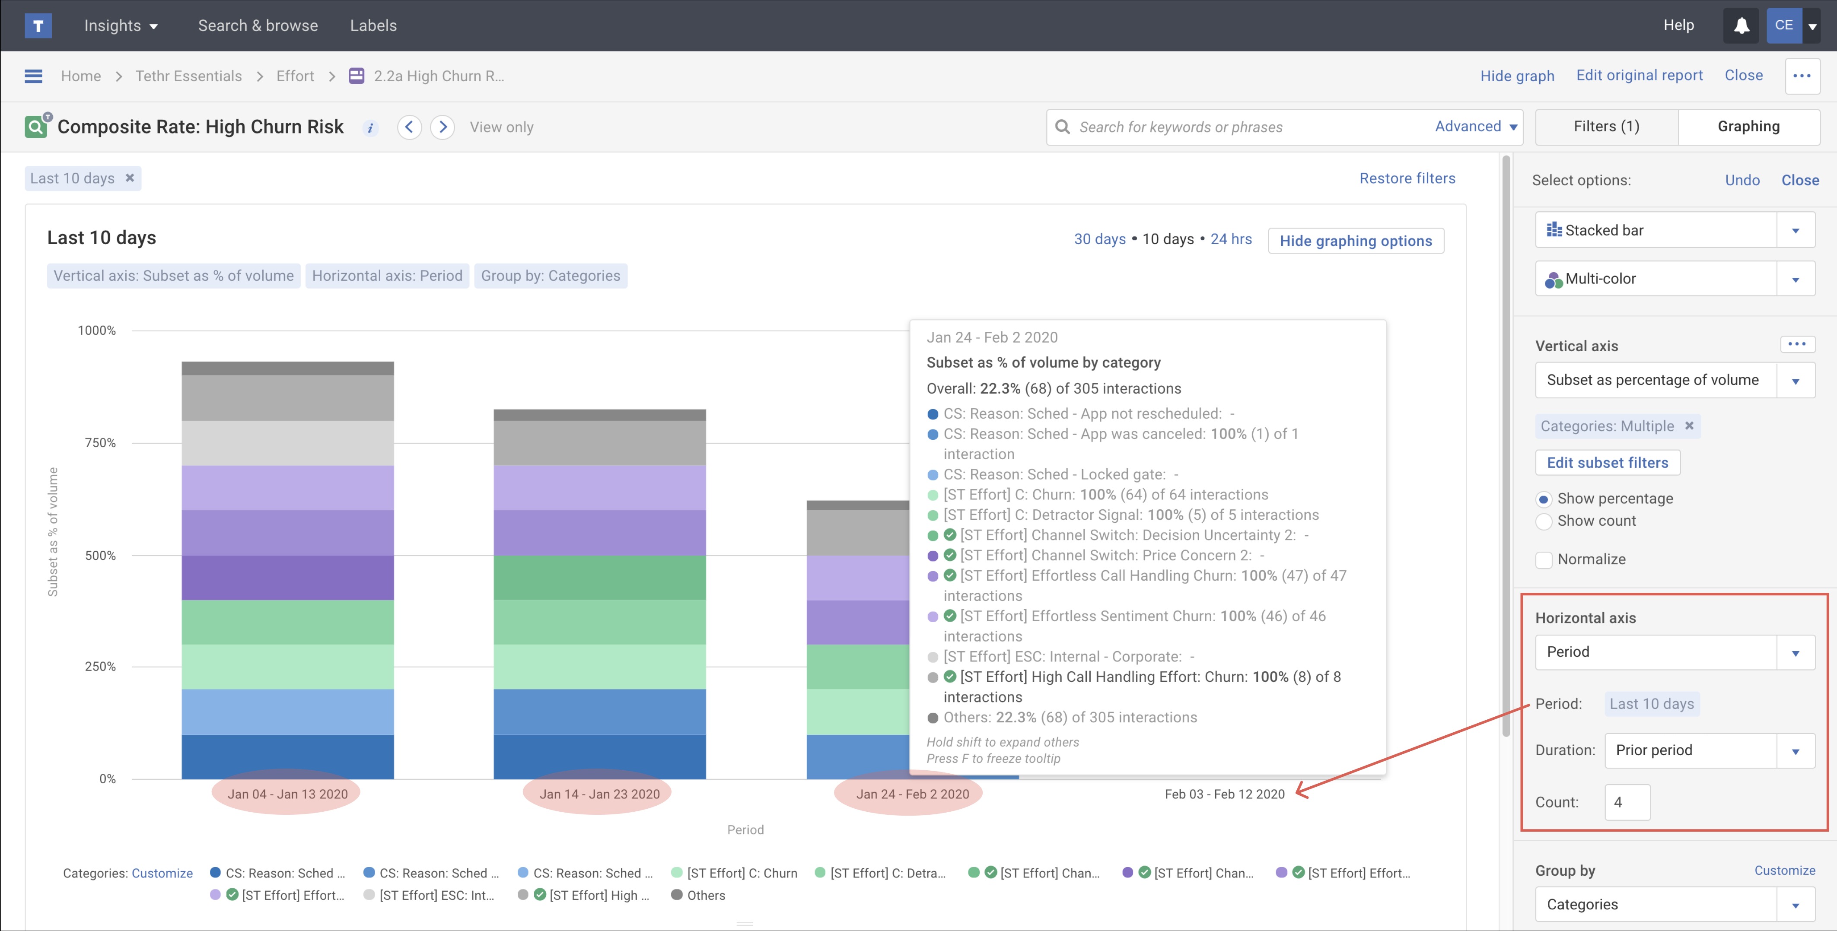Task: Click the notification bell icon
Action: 1741,25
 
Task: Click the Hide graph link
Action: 1517,76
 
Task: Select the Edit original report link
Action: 1639,76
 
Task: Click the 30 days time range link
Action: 1099,239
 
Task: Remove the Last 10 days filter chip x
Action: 130,178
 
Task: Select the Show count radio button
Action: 1544,521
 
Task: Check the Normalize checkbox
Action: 1544,559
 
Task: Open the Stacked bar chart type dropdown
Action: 1675,230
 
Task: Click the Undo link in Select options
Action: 1741,180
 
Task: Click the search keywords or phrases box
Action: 1248,127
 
